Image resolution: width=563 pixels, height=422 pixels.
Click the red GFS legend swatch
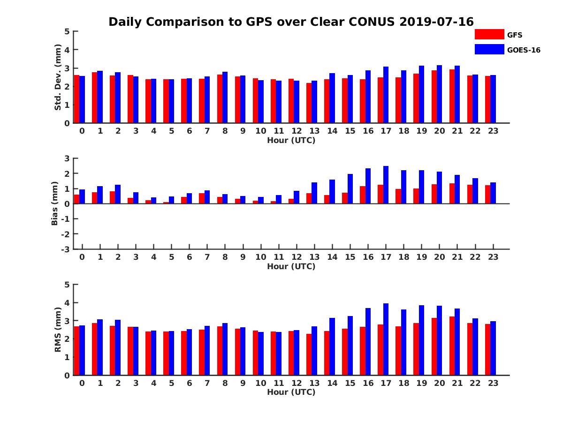[489, 34]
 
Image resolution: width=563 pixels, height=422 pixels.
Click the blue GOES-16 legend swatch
[489, 49]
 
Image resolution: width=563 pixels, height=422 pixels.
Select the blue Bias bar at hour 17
[386, 185]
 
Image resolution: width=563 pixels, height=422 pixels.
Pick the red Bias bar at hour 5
[166, 203]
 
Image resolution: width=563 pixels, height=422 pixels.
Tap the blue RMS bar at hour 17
[386, 339]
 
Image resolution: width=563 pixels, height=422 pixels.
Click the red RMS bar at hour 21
[452, 346]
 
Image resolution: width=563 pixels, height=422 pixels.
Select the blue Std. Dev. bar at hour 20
[439, 94]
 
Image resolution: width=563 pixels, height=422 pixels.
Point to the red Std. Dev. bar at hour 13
[309, 103]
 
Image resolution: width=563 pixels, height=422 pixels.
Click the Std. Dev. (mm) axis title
[58, 77]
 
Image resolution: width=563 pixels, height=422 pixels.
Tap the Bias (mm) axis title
[55, 203]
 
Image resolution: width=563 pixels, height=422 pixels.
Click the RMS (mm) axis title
[58, 329]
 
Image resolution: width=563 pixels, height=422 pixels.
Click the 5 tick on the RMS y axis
[67, 285]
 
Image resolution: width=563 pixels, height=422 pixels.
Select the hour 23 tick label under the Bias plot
[493, 257]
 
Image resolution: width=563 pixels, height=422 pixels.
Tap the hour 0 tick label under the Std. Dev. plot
[82, 131]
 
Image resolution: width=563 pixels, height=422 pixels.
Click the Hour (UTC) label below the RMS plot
[291, 392]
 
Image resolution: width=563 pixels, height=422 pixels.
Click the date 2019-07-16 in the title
[436, 22]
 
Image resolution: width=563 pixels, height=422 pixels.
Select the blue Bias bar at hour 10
[261, 200]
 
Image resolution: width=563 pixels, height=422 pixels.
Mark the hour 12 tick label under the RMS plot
[296, 383]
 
